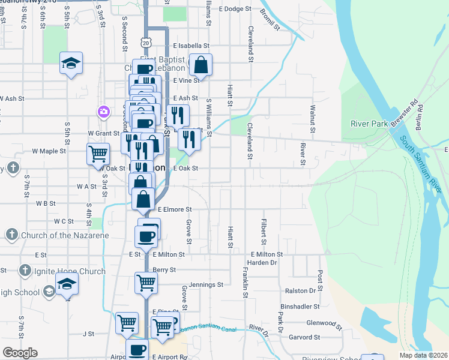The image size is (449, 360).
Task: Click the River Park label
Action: pyautogui.click(x=370, y=124)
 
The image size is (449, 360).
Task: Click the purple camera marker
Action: pyautogui.click(x=104, y=112)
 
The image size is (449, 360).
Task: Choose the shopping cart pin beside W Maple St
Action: pyautogui.click(x=98, y=153)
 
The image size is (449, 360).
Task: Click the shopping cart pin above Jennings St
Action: pyautogui.click(x=146, y=282)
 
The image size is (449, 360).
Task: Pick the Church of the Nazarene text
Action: pyautogui.click(x=65, y=235)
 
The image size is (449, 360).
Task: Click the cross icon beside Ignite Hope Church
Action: pyautogui.click(x=24, y=271)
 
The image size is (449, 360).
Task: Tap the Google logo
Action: pyautogui.click(x=20, y=353)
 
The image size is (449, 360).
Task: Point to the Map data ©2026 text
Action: pyautogui.click(x=424, y=355)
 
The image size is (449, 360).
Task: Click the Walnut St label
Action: pyautogui.click(x=312, y=114)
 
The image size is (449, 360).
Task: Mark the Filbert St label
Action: pyautogui.click(x=263, y=227)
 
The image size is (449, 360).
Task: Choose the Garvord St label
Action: pyautogui.click(x=315, y=337)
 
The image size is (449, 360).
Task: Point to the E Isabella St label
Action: pyautogui.click(x=191, y=46)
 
